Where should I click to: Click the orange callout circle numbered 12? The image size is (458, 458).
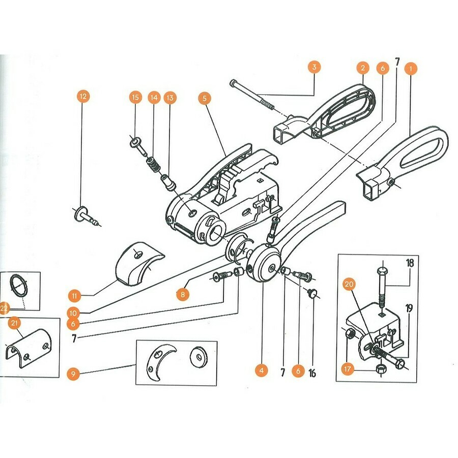(83, 96)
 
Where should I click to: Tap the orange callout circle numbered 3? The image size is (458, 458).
(314, 67)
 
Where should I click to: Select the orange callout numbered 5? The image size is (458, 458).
(205, 97)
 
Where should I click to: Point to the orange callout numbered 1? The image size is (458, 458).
(410, 68)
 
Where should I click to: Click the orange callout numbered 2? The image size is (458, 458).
(362, 68)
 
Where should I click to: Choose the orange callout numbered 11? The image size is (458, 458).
(74, 295)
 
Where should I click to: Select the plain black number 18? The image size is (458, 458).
(410, 263)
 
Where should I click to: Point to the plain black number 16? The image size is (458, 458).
(312, 374)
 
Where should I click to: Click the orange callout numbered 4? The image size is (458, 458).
(261, 371)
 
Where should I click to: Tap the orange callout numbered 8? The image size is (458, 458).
(182, 294)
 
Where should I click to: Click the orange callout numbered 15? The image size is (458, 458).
(135, 97)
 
